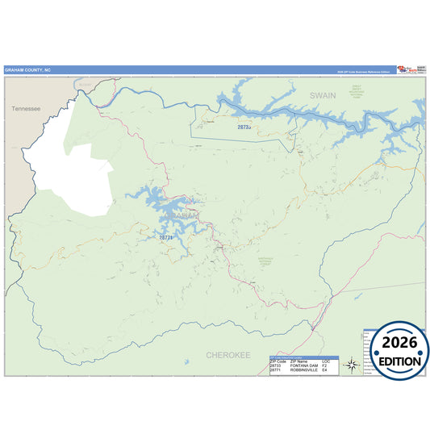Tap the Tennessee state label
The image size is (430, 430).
27,107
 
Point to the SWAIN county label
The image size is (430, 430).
322,95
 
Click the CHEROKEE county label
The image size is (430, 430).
228,354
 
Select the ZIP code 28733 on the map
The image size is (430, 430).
244,127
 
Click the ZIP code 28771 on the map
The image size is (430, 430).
165,238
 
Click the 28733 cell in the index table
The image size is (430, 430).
275,365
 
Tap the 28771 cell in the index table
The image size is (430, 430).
275,370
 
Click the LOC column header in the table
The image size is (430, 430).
325,361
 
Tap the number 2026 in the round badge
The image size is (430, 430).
395,343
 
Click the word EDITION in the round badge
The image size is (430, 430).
395,361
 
